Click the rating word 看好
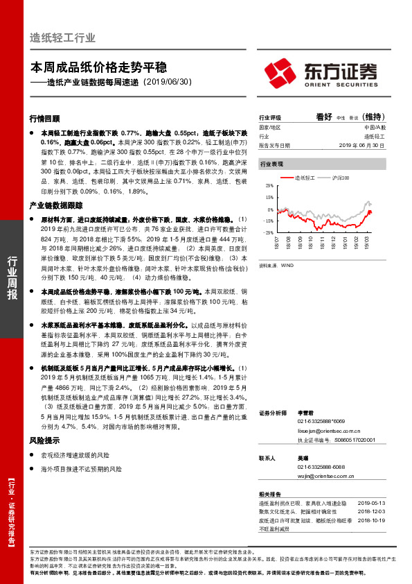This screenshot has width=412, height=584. pyautogui.click(x=324, y=117)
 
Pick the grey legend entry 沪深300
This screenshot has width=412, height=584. pyautogui.click(x=339, y=178)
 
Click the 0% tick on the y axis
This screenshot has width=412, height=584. pyautogui.click(x=269, y=209)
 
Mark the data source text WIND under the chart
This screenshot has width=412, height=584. pyautogui.click(x=289, y=264)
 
